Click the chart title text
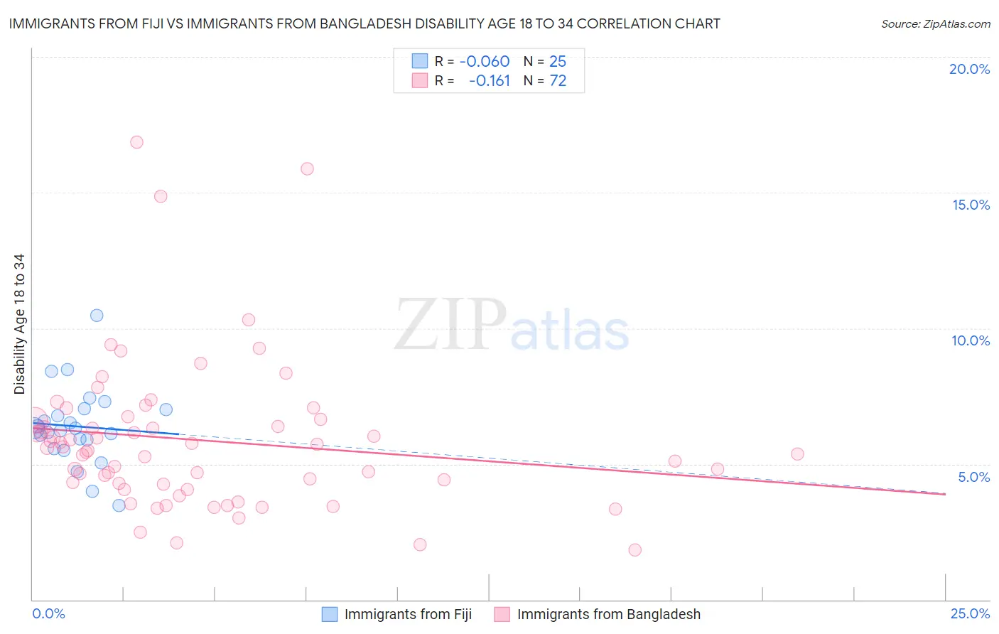[364, 24]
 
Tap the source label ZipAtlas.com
[935, 24]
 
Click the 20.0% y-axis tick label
[969, 69]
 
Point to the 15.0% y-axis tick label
[971, 205]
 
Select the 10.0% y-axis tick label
[971, 340]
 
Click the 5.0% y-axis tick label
[973, 477]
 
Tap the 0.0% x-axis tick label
[48, 613]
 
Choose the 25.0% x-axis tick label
[970, 613]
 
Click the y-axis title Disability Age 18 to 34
[19, 324]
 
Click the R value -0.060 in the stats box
[485, 62]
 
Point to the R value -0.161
[490, 81]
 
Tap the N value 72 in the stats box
[558, 81]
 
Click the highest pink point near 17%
[136, 142]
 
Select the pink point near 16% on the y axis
[307, 168]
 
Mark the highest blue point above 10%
[97, 316]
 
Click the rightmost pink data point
[797, 454]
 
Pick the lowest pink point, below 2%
[635, 550]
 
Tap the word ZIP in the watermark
[450, 326]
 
